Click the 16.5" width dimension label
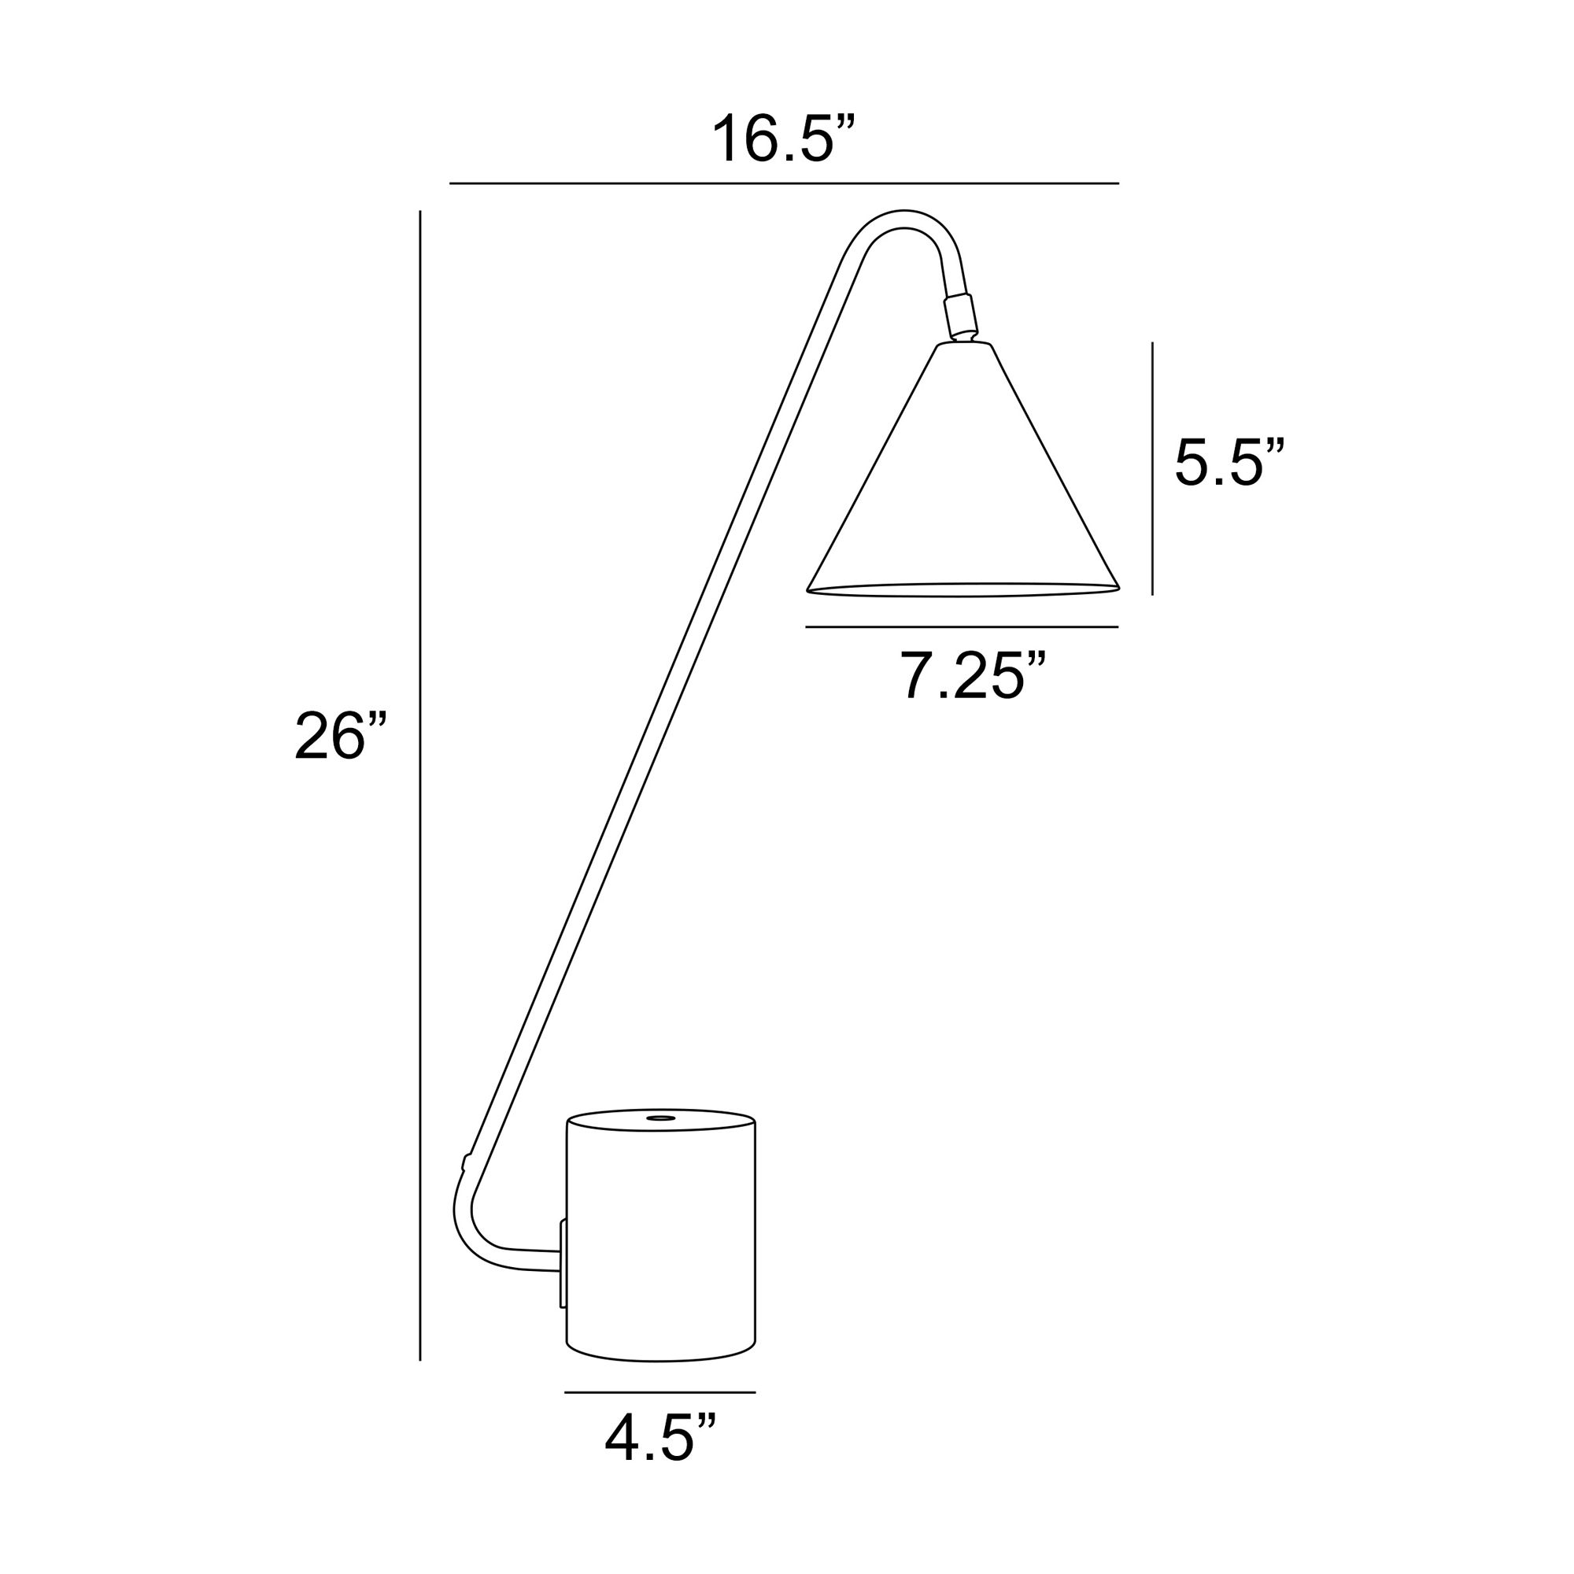[784, 140]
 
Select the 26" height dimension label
[340, 737]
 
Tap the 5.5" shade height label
[1229, 463]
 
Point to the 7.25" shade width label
[972, 675]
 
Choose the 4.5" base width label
[660, 1439]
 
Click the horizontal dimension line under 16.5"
[784, 183]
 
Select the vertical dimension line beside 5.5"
[1152, 468]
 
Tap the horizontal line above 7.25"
[962, 627]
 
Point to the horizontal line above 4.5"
[660, 1392]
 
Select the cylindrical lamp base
[660, 1238]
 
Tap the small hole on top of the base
[660, 1118]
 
